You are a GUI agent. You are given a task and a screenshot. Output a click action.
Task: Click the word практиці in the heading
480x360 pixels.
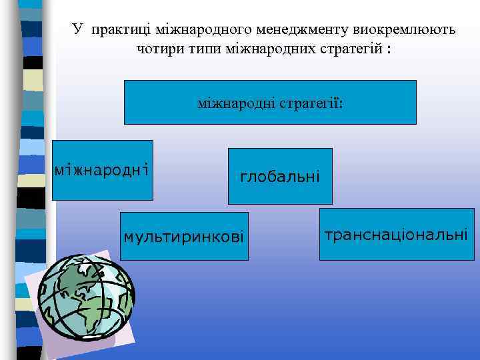[121, 29]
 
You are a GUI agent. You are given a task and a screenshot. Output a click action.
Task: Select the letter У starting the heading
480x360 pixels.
[77, 29]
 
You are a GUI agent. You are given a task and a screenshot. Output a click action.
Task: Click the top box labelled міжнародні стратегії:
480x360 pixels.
[270, 103]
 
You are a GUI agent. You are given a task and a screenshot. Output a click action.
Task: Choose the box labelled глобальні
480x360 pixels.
[280, 176]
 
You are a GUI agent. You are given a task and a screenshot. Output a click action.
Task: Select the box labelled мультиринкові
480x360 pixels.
[184, 236]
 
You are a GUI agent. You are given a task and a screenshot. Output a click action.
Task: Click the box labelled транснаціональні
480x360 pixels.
[396, 233]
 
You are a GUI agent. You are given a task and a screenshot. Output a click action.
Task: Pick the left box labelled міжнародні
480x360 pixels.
[102, 170]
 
